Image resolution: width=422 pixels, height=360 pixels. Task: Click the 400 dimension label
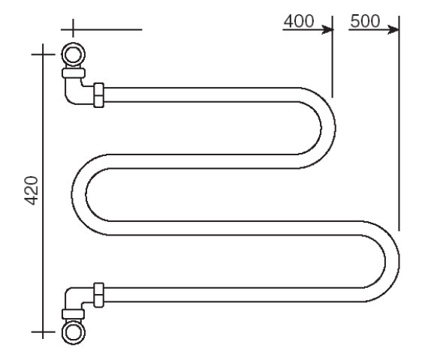tap(299, 21)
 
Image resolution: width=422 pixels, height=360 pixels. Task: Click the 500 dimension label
tap(365, 21)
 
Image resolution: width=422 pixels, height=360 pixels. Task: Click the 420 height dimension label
tap(32, 190)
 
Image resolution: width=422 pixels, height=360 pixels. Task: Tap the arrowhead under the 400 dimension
tap(328, 29)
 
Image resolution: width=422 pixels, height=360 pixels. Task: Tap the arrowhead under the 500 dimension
tap(393, 29)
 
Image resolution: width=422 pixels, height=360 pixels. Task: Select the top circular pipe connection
tap(73, 54)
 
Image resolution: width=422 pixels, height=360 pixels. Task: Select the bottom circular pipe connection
tap(73, 332)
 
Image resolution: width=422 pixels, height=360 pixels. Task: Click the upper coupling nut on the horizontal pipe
tap(99, 95)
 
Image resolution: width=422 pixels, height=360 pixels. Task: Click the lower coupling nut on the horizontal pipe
tap(99, 295)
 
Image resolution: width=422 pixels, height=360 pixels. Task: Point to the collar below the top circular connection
tap(74, 73)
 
